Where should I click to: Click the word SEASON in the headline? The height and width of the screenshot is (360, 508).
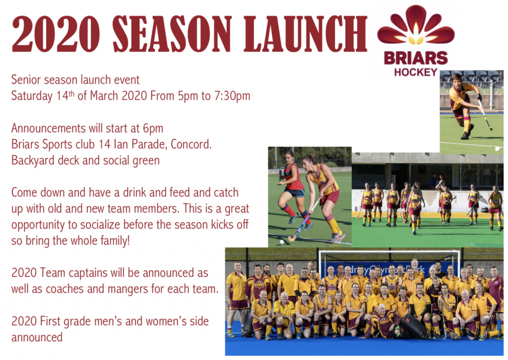click(172, 34)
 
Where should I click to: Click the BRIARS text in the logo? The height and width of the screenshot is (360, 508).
click(416, 59)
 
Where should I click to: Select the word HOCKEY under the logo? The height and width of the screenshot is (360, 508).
click(416, 72)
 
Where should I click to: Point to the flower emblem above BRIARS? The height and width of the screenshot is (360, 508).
click(416, 25)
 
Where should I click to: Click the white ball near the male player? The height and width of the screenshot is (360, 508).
click(497, 149)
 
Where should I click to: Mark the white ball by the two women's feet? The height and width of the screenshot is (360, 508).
click(282, 242)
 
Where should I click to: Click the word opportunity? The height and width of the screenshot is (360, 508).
click(38, 225)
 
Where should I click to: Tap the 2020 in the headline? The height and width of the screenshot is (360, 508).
click(56, 34)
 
